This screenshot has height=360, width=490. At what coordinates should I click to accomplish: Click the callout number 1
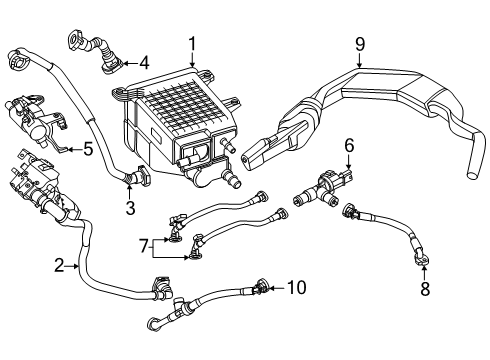point(192,46)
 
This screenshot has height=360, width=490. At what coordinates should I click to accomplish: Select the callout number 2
point(59,266)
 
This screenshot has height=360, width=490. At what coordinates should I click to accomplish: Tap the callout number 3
point(130,207)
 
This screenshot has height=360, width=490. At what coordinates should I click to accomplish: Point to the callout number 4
point(144,63)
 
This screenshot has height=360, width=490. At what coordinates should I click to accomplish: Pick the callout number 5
point(88,149)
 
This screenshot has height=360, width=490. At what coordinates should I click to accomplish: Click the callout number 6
point(349,146)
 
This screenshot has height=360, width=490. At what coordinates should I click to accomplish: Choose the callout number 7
point(144,246)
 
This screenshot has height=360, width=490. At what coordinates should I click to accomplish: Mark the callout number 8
point(425,289)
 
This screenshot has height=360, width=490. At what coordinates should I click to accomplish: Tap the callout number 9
point(360,44)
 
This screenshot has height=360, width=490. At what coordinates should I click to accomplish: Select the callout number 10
point(296,288)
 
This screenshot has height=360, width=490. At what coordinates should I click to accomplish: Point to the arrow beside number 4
point(130,63)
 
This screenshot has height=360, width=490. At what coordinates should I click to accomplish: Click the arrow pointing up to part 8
point(424,272)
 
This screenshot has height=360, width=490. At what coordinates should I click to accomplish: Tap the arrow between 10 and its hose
point(277,288)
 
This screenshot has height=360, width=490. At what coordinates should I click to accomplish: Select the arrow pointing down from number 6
point(349,163)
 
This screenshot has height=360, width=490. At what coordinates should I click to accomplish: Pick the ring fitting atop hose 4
point(74,39)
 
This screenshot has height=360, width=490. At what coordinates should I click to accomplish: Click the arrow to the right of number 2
point(72,266)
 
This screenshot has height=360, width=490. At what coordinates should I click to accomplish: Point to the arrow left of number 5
point(74,149)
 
